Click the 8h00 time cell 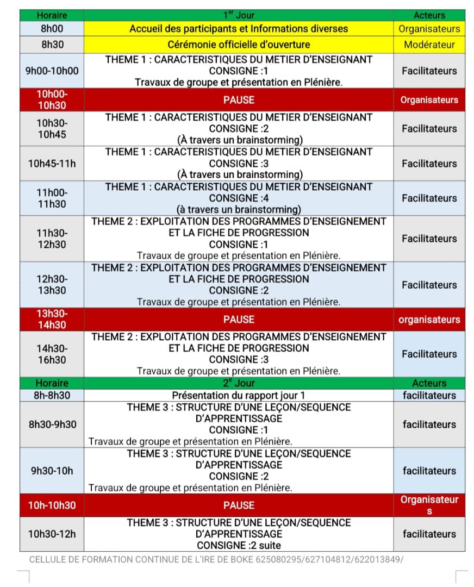tap(52, 28)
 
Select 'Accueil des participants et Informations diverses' tap(239, 28)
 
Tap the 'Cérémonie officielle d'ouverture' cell tap(239, 45)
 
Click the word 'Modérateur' tap(429, 45)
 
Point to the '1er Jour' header tap(239, 15)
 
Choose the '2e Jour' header tap(239, 383)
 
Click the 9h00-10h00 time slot tap(52, 71)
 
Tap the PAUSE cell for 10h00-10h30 tap(239, 99)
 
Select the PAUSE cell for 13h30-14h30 tap(239, 320)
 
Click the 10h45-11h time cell tap(52, 163)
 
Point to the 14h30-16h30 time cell tap(52, 354)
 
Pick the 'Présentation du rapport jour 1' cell tap(239, 395)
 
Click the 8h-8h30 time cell tap(52, 395)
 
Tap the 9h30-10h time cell tap(52, 471)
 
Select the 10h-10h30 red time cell tap(52, 505)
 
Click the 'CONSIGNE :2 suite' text tap(239, 545)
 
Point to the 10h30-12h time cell tap(52, 534)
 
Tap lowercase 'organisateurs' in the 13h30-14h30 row tap(429, 320)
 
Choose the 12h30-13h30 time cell tap(52, 284)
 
